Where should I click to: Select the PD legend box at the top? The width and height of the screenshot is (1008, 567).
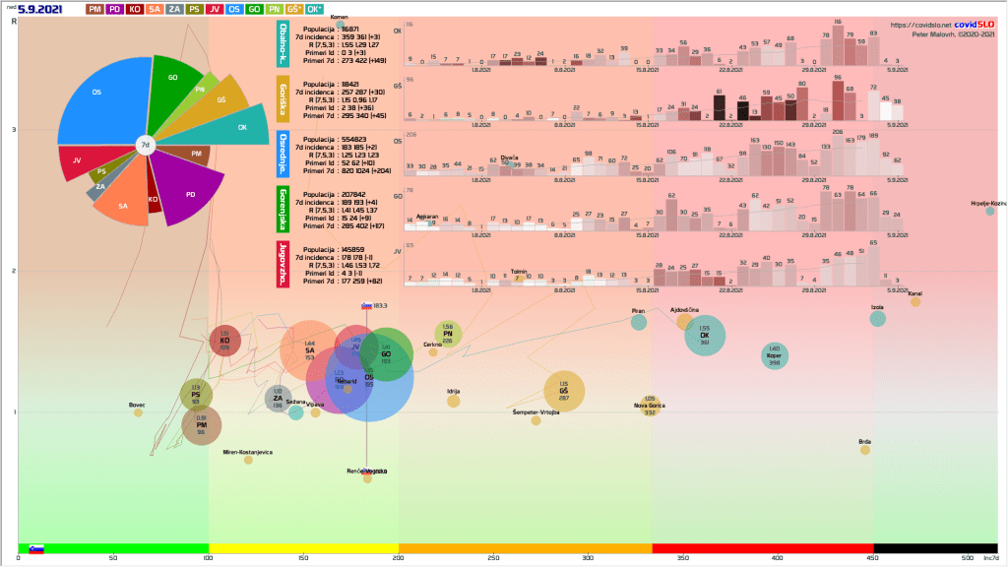pyautogui.click(x=116, y=9)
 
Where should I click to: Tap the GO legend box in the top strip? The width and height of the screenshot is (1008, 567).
pyautogui.click(x=254, y=9)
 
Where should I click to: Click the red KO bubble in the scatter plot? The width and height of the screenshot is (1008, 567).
pyautogui.click(x=224, y=342)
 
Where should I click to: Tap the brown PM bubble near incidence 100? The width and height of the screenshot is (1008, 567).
pyautogui.click(x=201, y=425)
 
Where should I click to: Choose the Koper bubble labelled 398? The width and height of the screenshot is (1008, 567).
pyautogui.click(x=775, y=355)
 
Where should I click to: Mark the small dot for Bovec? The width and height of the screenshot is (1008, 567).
pyautogui.click(x=138, y=412)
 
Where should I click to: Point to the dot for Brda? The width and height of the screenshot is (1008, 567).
pyautogui.click(x=865, y=450)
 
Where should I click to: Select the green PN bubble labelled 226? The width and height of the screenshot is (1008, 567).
pyautogui.click(x=448, y=335)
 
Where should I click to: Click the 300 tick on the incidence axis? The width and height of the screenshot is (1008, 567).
pyautogui.click(x=588, y=558)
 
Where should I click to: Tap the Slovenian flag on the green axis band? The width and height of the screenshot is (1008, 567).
pyautogui.click(x=36, y=548)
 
